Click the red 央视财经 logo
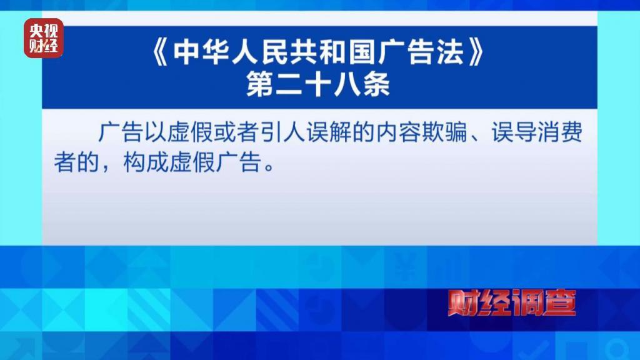coord(44,38)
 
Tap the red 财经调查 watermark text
coord(512,303)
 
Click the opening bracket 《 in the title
coord(159,53)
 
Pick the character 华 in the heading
coord(216,53)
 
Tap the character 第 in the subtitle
coord(260,85)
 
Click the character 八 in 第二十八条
coord(347,85)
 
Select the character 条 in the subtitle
coord(377,85)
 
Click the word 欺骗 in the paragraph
coord(444,132)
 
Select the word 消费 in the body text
coord(560,132)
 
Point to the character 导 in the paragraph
coord(525,132)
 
